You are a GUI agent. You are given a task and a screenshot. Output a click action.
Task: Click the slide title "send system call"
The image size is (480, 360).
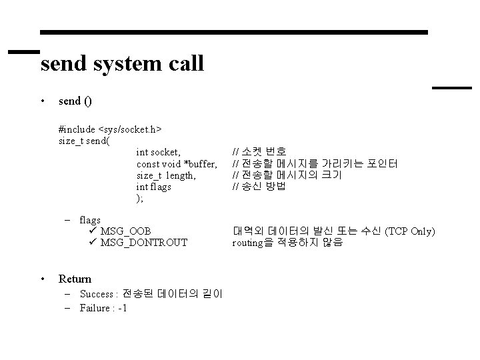tap(122, 64)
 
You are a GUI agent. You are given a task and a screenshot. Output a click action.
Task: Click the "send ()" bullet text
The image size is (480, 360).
tap(75, 101)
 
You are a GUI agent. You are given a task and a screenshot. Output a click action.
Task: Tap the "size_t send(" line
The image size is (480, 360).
tap(85, 141)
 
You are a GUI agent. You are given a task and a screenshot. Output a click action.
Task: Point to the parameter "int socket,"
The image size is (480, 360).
tap(158, 153)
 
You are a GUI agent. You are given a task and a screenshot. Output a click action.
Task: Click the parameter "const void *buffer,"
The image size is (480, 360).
tap(177, 164)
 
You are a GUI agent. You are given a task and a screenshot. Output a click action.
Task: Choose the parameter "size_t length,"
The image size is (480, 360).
tap(166, 175)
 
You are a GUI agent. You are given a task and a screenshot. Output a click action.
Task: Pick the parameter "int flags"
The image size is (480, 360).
tap(153, 187)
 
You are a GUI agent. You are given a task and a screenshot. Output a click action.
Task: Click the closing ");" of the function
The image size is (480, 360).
tap(139, 198)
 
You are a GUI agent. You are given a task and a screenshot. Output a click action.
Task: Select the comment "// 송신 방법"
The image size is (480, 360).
tap(258, 187)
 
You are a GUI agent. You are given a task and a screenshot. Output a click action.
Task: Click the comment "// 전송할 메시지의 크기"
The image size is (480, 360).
tap(287, 175)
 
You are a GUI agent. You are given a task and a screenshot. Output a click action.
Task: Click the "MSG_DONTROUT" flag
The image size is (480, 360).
tap(143, 243)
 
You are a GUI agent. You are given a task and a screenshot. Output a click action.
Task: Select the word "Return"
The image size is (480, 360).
tap(75, 279)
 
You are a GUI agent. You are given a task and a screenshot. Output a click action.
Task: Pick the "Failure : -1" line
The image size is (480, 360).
tap(103, 308)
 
